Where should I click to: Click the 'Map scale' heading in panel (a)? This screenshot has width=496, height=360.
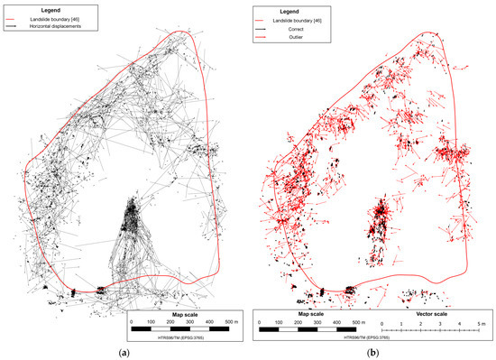tap(180, 313)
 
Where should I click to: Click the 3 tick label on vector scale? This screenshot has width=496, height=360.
tap(440, 322)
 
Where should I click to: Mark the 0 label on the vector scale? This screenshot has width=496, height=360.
tap(382, 322)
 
